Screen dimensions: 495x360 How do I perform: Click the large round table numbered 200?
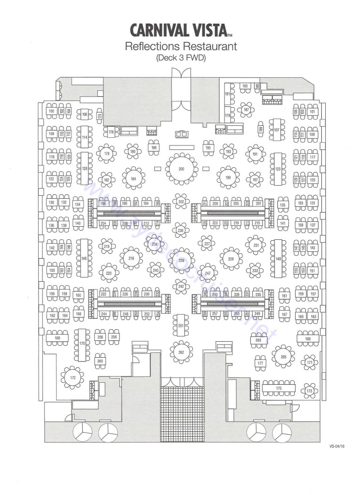click(x=182, y=169)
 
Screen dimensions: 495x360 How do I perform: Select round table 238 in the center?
click(x=181, y=261)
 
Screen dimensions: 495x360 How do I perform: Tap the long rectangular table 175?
click(x=279, y=388)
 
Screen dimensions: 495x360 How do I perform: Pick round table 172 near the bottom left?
click(x=73, y=377)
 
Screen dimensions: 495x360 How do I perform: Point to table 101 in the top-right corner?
click(x=312, y=112)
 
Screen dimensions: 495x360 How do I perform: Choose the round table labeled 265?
click(x=283, y=357)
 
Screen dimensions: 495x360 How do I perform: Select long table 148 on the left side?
click(x=84, y=259)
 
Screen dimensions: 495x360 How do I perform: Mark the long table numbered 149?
click(x=278, y=259)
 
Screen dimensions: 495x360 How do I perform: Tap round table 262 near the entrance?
click(x=181, y=351)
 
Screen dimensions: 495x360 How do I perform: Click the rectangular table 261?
click(x=181, y=326)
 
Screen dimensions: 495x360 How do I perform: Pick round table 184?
click(x=133, y=179)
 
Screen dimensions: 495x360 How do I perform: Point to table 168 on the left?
click(x=58, y=338)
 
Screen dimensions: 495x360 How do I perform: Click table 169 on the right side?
click(x=308, y=339)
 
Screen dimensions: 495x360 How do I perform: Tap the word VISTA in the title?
click(x=203, y=30)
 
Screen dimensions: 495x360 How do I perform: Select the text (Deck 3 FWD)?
click(x=180, y=58)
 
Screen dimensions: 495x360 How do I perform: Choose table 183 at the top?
click(x=245, y=86)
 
